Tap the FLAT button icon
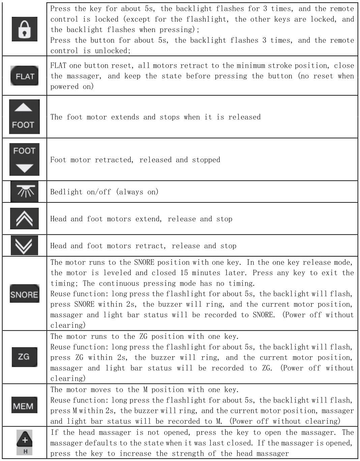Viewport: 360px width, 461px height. click(x=25, y=76)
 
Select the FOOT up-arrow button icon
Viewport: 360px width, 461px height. click(x=24, y=117)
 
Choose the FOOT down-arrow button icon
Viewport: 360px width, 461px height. click(x=24, y=159)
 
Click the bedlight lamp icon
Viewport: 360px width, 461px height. click(x=24, y=192)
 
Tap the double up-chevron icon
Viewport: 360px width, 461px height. click(x=24, y=219)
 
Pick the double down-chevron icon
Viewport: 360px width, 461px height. click(x=24, y=245)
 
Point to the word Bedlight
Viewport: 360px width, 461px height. click(x=66, y=192)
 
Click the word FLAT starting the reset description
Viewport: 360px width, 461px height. click(x=58, y=66)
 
